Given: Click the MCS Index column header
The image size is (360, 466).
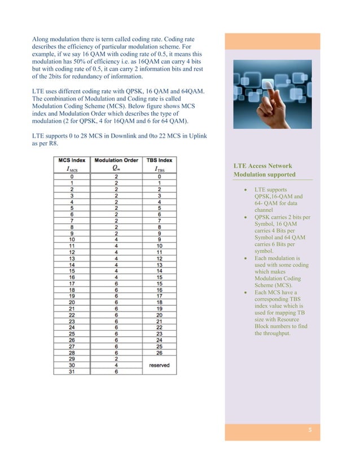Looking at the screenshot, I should pos(71,160).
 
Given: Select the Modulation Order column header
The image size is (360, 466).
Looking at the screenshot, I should pos(116,160).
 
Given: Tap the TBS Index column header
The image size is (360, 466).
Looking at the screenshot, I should pos(159,160).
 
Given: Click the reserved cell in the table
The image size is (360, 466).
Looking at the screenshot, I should pos(159,364).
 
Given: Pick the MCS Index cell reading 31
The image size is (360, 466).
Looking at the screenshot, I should pos(71,371).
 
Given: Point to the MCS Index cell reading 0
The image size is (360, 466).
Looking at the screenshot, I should pos(71,176).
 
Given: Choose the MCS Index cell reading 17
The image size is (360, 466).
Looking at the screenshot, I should pos(71,283).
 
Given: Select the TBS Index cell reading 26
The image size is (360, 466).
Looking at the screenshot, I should pos(159,352).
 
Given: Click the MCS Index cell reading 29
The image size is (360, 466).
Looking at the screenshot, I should pos(71,358).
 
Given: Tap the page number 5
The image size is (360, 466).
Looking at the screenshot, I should pos(310,431).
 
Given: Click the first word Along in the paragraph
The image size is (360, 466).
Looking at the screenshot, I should pos(42,39).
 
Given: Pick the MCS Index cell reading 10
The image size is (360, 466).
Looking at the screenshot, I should pos(71,239).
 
